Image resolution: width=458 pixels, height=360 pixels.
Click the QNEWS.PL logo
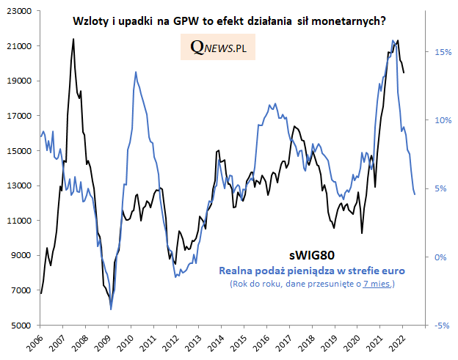click(x=217, y=48)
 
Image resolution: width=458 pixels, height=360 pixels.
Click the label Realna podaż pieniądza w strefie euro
click(x=311, y=271)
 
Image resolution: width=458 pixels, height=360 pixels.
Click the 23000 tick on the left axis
click(x=21, y=12)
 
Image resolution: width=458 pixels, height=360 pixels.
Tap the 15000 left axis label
click(x=21, y=151)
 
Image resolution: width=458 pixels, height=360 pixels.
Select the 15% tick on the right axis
click(x=442, y=53)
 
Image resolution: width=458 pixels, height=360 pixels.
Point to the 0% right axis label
click(x=440, y=257)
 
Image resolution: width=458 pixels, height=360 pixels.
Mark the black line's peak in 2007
click(x=73, y=39)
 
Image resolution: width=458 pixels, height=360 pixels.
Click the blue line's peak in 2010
click(x=135, y=72)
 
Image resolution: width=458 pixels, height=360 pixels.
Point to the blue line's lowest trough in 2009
click(x=111, y=309)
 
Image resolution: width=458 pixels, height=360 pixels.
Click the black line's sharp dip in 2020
click(x=363, y=233)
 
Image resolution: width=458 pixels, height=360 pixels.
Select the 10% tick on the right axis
click(x=442, y=121)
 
